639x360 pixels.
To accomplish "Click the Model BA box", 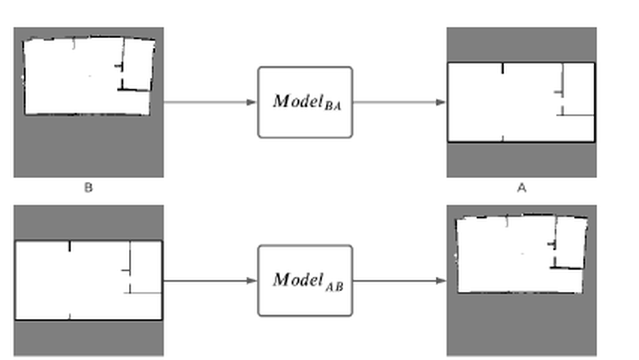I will coord(304,102).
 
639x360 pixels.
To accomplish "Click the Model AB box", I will coord(304,280).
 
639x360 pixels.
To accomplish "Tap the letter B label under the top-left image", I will coord(89,188).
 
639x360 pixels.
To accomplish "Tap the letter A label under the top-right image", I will coord(521,188).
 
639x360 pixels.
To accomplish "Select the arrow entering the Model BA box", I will coord(210,102).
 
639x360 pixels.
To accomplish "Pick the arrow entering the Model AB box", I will coord(210,280).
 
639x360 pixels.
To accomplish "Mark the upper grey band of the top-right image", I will coord(521,44).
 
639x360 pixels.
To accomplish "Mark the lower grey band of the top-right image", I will coord(521,159).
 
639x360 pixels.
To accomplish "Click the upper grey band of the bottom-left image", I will coord(89,222).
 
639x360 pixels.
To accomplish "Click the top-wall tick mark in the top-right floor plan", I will coord(502,68).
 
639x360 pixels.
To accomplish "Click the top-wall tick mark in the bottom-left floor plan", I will coord(70,246).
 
